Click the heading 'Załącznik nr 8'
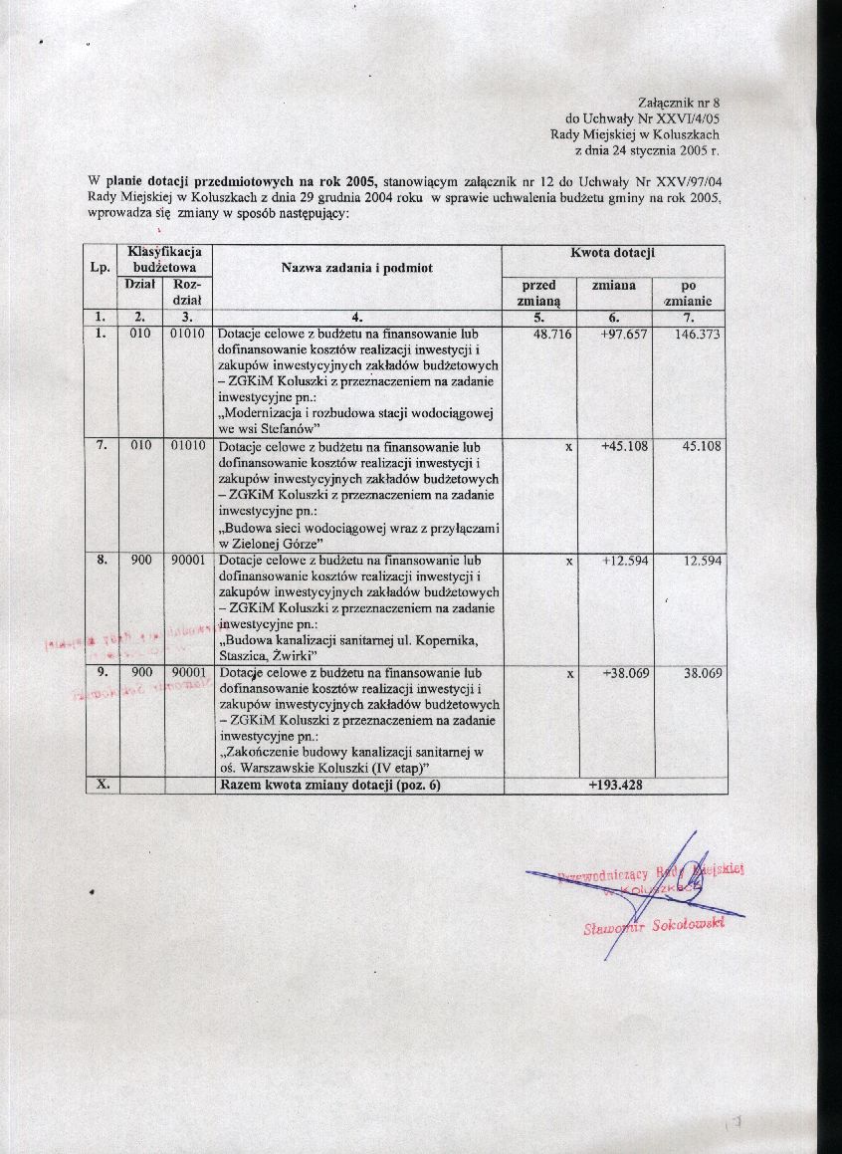pyautogui.click(x=677, y=103)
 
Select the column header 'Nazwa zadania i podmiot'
pyautogui.click(x=355, y=267)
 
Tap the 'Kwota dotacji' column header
pyautogui.click(x=612, y=254)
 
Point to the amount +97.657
pyautogui.click(x=624, y=335)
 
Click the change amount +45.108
pyautogui.click(x=624, y=447)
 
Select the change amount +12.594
pyautogui.click(x=624, y=561)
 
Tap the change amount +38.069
pyautogui.click(x=624, y=674)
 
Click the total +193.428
pyautogui.click(x=614, y=786)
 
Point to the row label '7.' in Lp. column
pyautogui.click(x=102, y=446)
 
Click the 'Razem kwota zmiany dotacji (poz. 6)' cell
pyautogui.click(x=329, y=786)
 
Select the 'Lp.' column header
pyautogui.click(x=100, y=267)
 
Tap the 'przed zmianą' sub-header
pyautogui.click(x=539, y=292)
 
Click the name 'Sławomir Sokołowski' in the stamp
pyautogui.click(x=654, y=927)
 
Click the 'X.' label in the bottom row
pyautogui.click(x=102, y=786)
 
